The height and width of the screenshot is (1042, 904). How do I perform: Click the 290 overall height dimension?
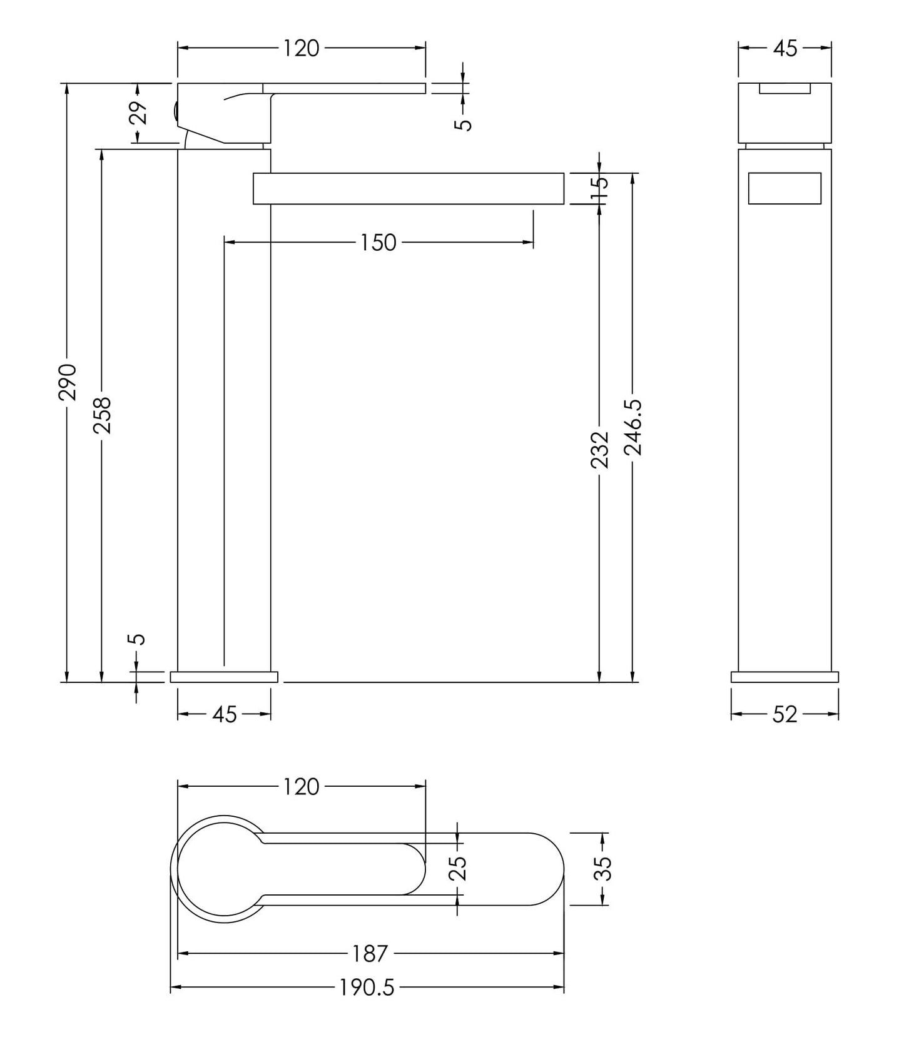(67, 382)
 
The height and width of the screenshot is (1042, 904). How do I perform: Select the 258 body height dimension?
(102, 415)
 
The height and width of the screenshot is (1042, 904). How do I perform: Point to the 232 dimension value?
(599, 449)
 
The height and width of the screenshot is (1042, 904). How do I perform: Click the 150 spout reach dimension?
(378, 243)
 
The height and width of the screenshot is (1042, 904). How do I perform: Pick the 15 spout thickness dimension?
(599, 188)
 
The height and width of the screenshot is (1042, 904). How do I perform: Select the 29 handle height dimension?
(139, 113)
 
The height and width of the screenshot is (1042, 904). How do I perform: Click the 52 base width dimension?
(785, 714)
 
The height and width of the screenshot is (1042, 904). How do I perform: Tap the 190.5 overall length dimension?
(367, 988)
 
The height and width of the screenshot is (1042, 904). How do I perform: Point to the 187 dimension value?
(370, 954)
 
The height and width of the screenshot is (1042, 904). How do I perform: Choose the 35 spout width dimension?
(602, 868)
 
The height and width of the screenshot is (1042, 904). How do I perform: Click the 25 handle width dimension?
(459, 868)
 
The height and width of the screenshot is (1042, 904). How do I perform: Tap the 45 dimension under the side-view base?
(224, 714)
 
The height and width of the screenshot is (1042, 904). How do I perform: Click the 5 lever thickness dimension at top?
(463, 124)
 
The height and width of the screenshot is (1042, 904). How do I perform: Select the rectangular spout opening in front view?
(785, 188)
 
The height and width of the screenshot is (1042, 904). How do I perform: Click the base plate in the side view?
(224, 677)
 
